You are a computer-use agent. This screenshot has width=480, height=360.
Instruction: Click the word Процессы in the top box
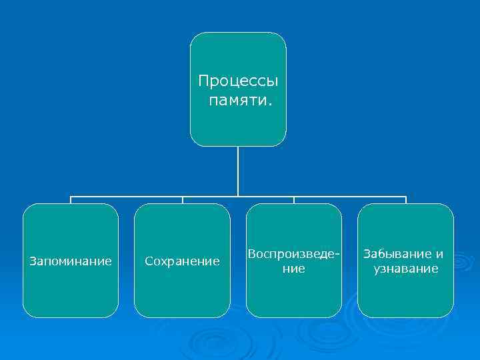click(x=238, y=82)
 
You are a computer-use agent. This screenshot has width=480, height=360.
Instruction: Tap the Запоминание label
click(x=71, y=261)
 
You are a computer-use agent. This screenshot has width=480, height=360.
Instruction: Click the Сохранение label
click(x=182, y=261)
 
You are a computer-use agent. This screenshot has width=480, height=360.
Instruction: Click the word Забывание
click(x=398, y=254)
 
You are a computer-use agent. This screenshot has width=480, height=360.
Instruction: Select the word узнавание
click(x=405, y=269)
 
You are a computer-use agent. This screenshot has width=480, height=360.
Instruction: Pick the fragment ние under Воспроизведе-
click(x=294, y=269)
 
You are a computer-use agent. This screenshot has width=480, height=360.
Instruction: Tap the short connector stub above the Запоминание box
click(x=71, y=200)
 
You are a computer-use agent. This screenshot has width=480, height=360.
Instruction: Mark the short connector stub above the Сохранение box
click(x=182, y=200)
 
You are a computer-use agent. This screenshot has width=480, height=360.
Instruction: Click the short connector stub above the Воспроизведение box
click(x=294, y=200)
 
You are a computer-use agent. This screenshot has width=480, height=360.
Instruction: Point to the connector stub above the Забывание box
click(x=405, y=200)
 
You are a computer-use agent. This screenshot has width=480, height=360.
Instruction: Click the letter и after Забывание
click(x=439, y=254)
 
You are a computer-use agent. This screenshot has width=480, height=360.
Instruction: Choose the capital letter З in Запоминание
click(x=33, y=261)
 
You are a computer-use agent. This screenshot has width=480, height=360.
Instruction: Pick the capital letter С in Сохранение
click(x=149, y=261)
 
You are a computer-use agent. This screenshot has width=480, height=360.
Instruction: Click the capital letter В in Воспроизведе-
click(x=251, y=254)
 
